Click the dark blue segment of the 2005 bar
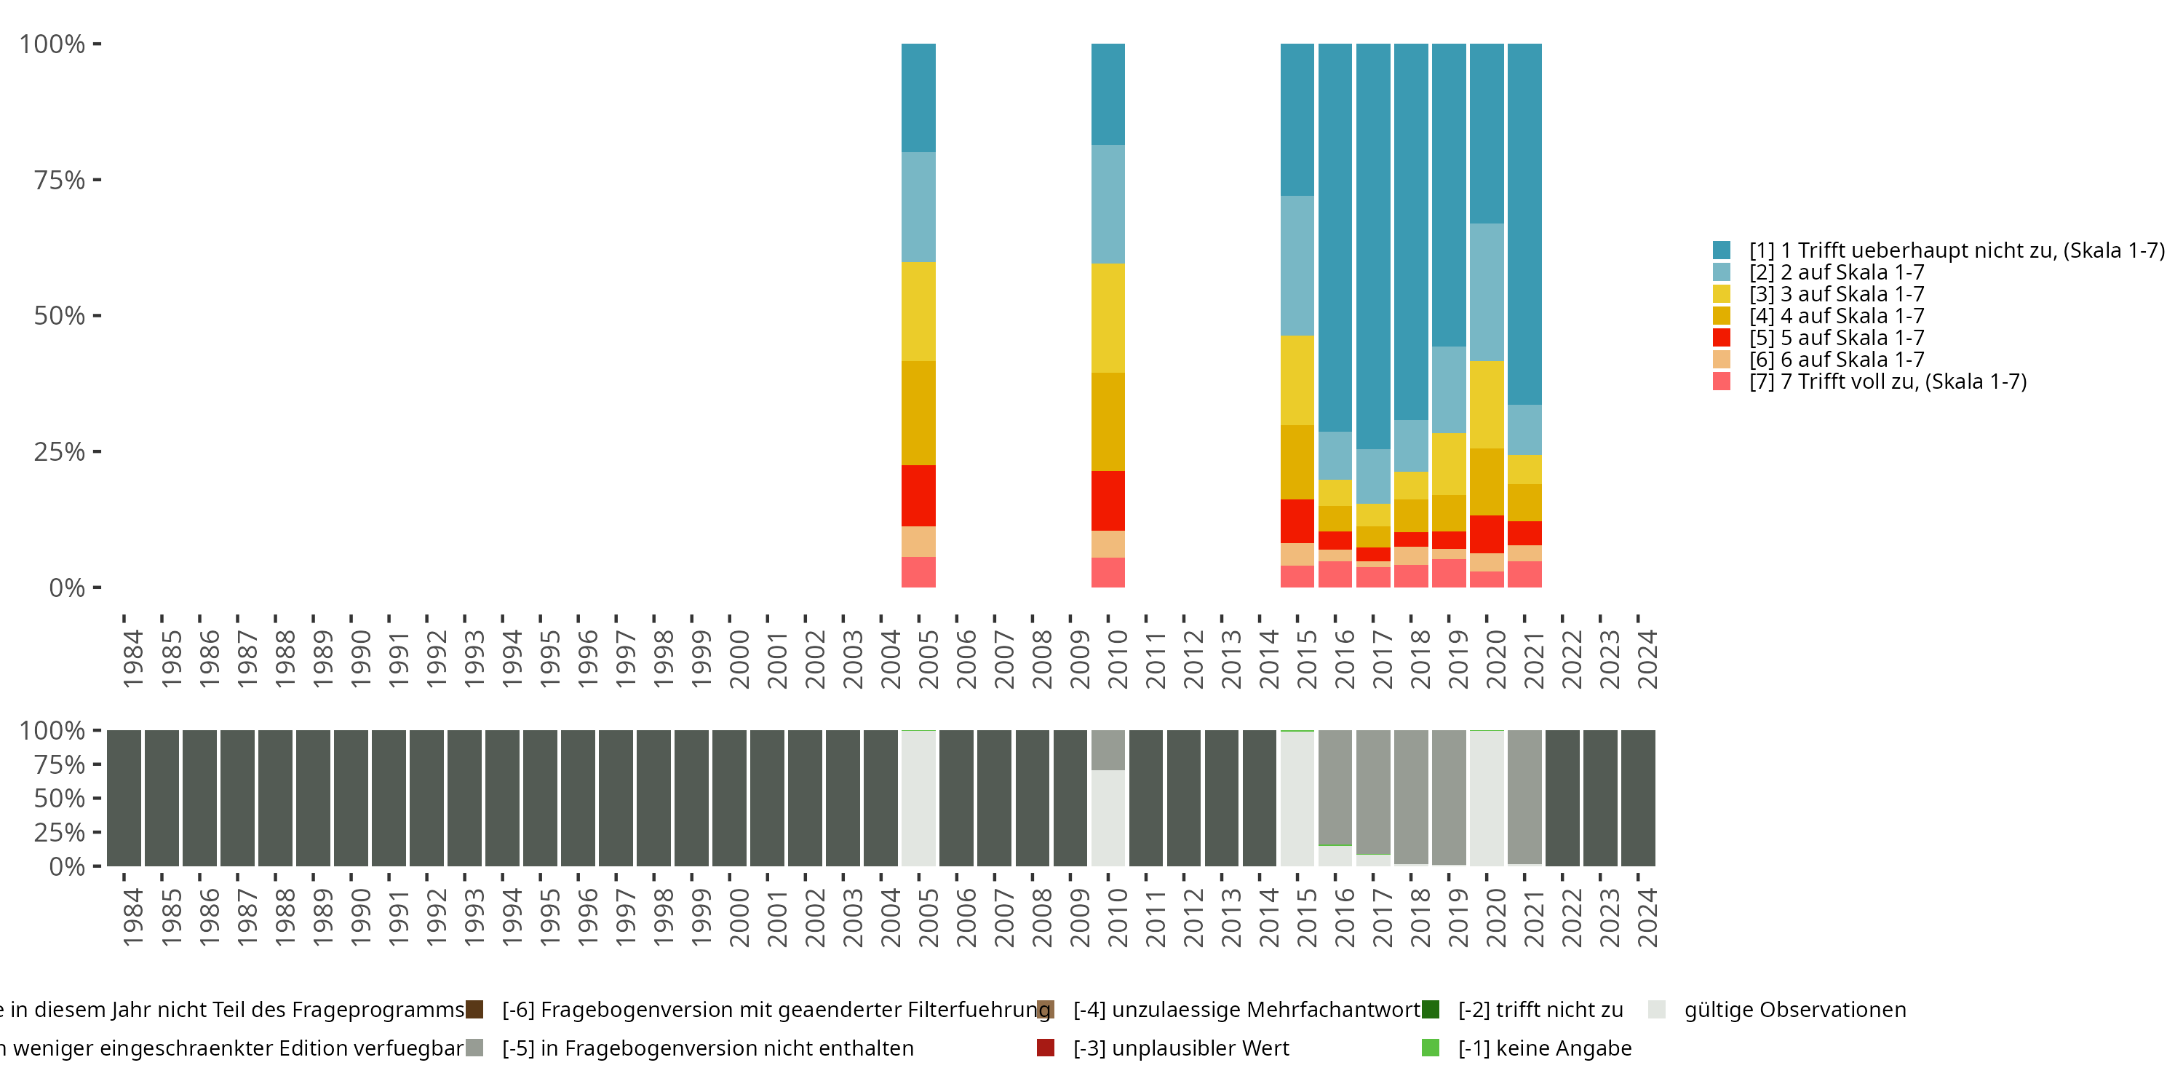918,98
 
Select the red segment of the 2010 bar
1108,500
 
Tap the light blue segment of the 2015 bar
1297,266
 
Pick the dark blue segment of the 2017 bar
1373,246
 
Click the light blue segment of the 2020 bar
1487,292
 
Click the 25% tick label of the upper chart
60,452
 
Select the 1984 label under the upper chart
133,659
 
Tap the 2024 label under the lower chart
1647,917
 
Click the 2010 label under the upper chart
1117,659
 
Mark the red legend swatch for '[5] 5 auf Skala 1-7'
1721,338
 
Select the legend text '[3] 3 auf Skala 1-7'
1837,294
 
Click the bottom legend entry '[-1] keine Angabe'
1544,1048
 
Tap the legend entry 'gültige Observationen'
1794,1010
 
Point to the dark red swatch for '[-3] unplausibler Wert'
1046,1048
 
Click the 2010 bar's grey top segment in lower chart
1108,750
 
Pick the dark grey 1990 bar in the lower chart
351,798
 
